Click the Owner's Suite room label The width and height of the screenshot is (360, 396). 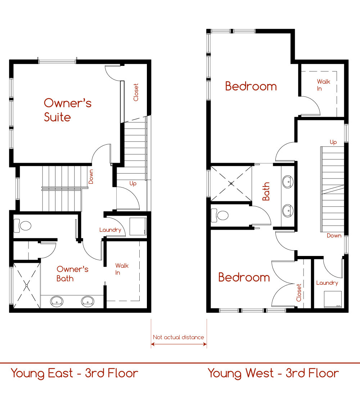coord(68,110)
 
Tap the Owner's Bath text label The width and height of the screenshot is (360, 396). coord(72,274)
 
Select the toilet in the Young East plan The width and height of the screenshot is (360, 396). coord(22,225)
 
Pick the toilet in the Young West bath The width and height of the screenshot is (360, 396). coord(220,215)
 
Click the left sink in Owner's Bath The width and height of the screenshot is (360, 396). coord(57,301)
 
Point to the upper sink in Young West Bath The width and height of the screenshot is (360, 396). coord(288,181)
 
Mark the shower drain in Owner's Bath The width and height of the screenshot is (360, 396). coord(27,285)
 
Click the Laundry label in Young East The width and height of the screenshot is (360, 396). coord(110,230)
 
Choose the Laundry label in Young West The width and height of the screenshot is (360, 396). coord(327,283)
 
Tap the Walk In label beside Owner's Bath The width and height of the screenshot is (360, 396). coord(122,269)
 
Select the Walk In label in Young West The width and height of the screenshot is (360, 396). coord(324,85)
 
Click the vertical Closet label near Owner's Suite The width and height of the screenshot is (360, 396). coord(136,92)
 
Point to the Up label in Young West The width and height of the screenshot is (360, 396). coord(333,142)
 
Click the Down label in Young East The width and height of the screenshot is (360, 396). coord(91,176)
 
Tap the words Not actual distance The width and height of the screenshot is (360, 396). coord(178,337)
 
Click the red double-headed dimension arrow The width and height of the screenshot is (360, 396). coord(179,344)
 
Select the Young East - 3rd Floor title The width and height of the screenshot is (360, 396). coord(75,374)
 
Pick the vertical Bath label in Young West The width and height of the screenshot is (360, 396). coord(266,192)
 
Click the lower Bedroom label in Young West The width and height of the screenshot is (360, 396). coord(244,277)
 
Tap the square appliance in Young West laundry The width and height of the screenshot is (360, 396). coord(333,299)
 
